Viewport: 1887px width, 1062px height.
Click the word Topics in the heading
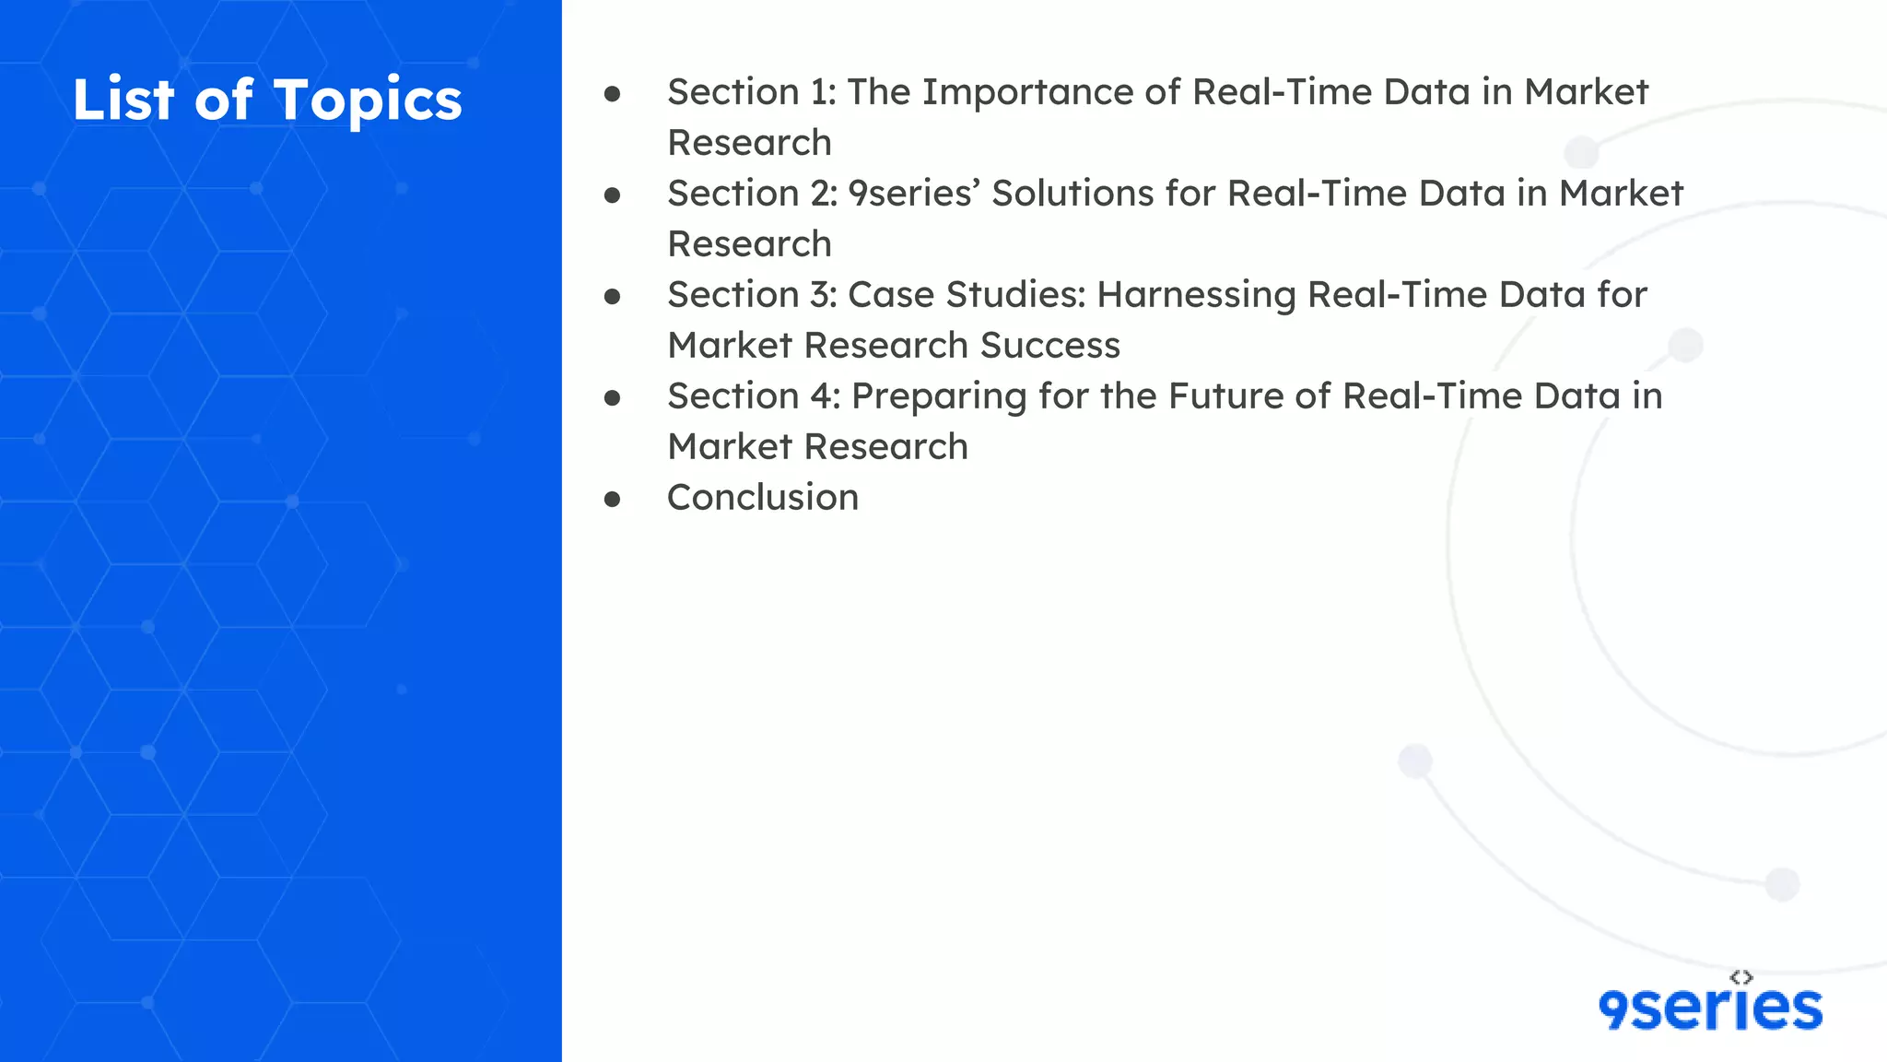[x=368, y=100]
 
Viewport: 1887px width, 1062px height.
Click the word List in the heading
[x=123, y=100]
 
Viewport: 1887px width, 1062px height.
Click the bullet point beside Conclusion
[x=613, y=500]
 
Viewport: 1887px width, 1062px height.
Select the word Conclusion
[x=763, y=498]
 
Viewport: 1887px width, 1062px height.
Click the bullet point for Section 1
[x=613, y=94]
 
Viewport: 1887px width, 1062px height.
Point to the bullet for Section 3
[x=613, y=297]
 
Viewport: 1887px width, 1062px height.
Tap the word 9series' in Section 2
[x=913, y=195]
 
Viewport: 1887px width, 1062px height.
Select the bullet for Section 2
[x=613, y=195]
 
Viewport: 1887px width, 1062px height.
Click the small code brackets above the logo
[x=1740, y=977]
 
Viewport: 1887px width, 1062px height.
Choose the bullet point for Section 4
[x=613, y=398]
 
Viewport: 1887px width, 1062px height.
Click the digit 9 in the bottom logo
[x=1614, y=1010]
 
